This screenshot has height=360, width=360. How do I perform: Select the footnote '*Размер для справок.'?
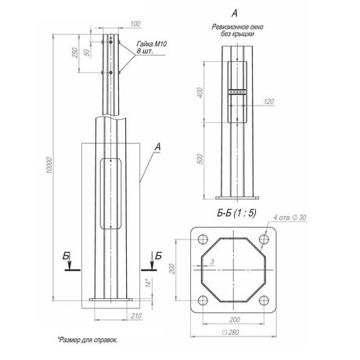91,342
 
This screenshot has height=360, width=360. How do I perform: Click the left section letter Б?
67,256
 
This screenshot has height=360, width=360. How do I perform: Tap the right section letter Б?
159,256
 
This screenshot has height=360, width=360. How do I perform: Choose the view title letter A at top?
236,14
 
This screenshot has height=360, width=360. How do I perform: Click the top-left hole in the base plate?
203,240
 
